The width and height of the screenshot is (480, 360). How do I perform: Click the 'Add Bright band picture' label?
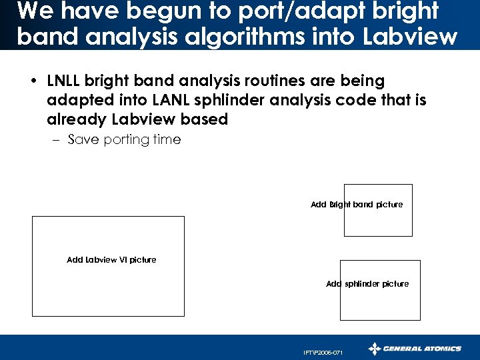click(x=357, y=205)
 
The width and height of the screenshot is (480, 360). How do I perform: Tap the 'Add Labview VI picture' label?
click(x=111, y=260)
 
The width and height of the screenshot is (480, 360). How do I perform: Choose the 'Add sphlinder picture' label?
click(x=367, y=284)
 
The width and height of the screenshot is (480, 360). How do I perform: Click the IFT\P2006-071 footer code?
click(x=323, y=352)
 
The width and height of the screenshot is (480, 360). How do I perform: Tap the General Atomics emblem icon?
click(x=375, y=348)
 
